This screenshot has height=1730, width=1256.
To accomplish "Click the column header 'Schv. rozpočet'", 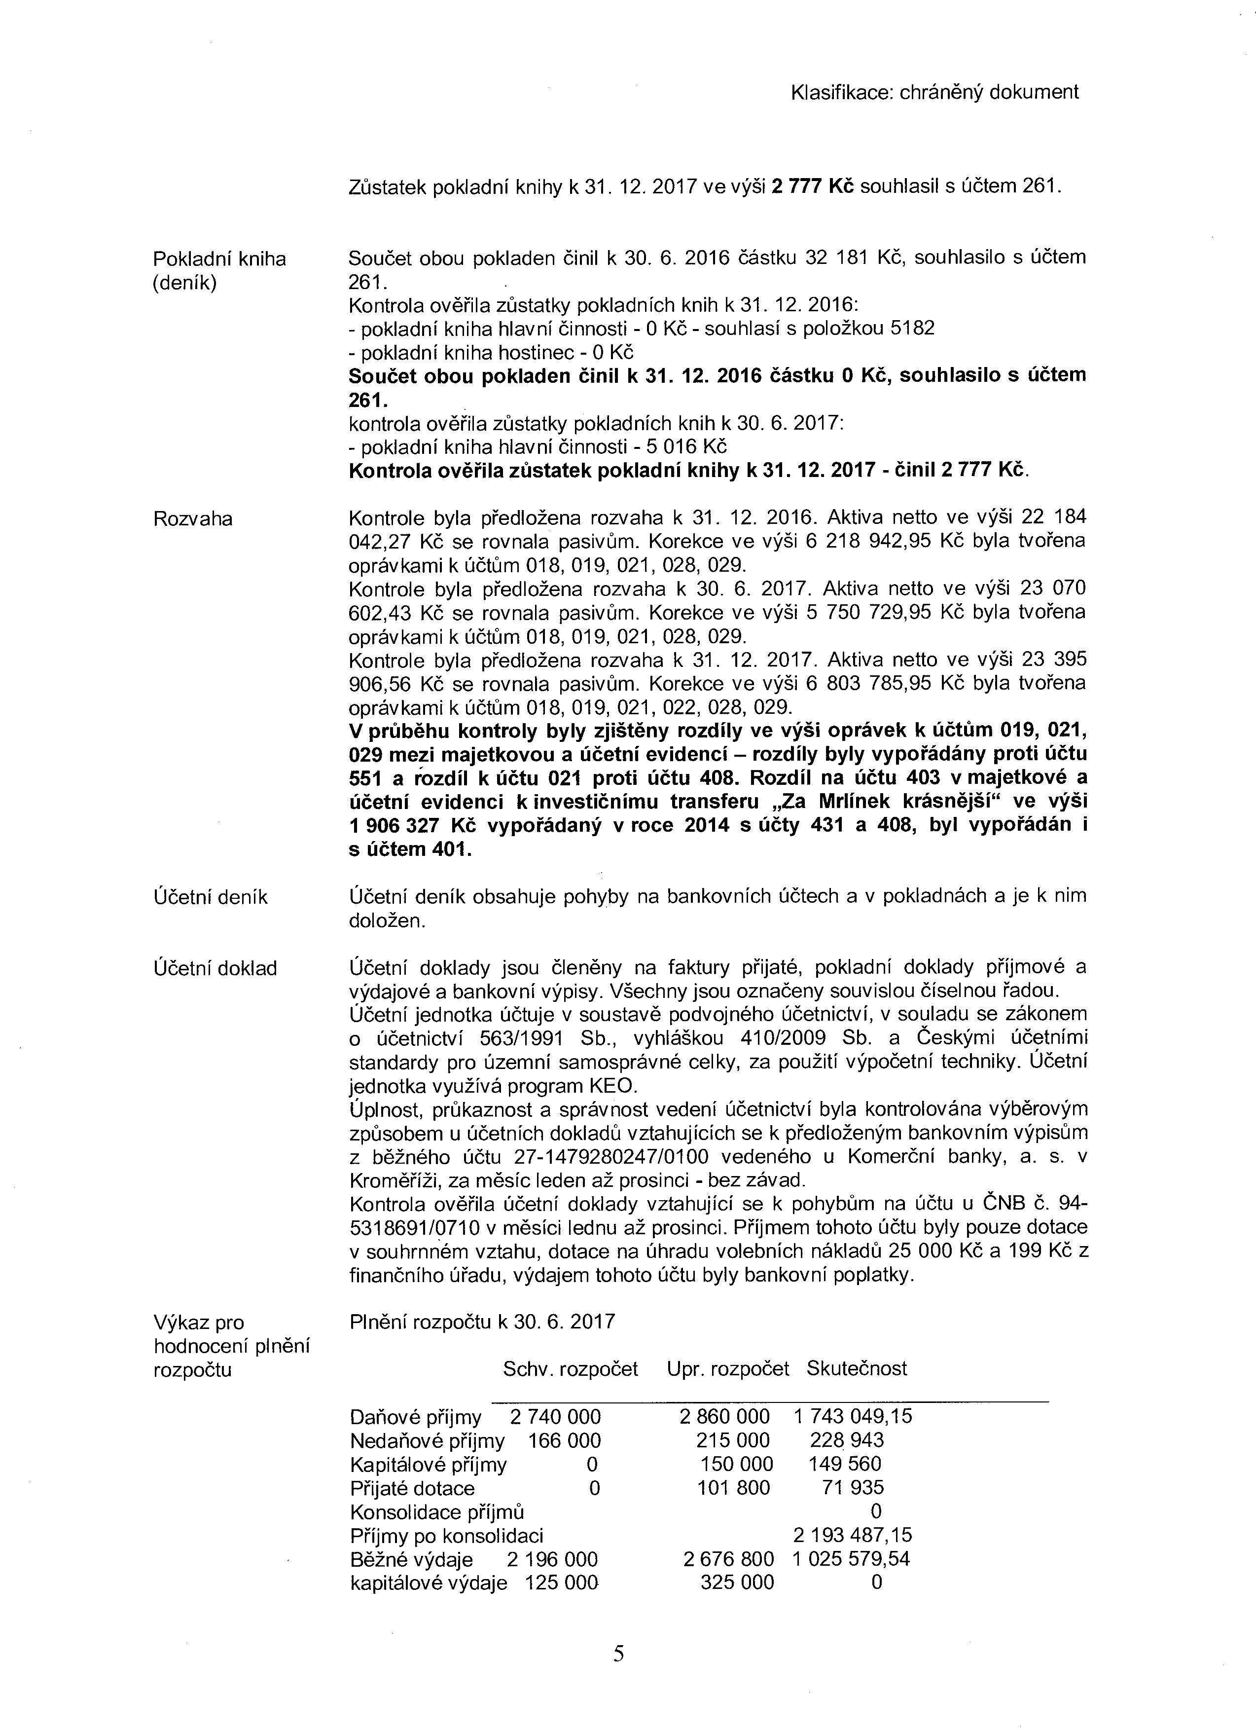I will (571, 1368).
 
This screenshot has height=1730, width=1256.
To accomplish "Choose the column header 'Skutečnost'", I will (857, 1368).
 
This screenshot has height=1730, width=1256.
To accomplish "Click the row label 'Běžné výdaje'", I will (411, 1559).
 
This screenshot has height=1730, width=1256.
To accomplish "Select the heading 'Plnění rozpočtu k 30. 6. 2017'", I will (482, 1322).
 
